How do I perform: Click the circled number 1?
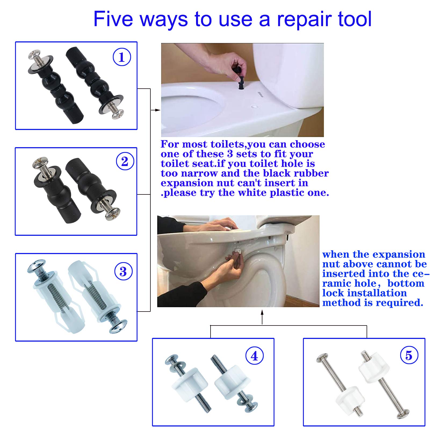coord(122,57)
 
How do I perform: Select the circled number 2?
coord(125,161)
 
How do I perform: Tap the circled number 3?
coord(123,271)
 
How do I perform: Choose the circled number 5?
coord(409,355)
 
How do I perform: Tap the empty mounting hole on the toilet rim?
coord(254,107)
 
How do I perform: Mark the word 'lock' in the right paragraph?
coord(332,293)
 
